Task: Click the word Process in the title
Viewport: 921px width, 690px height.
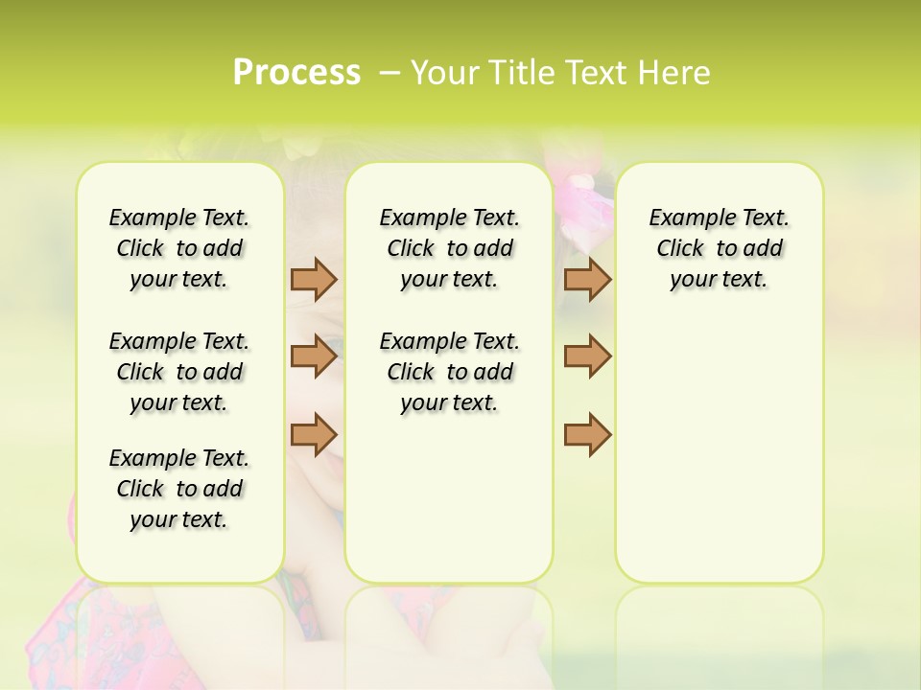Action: click(x=296, y=73)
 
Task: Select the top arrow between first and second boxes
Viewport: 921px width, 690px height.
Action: click(x=314, y=279)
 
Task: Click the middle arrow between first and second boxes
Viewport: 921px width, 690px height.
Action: click(x=314, y=356)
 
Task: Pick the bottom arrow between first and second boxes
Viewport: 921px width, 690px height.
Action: click(x=314, y=434)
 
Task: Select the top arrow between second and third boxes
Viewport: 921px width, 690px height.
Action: click(x=587, y=279)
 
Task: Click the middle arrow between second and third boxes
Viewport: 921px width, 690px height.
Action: click(x=587, y=356)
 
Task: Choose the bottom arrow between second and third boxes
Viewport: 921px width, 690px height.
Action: click(x=587, y=434)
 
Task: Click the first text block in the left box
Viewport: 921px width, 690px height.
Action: click(x=179, y=248)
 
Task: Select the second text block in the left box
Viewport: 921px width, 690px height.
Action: click(x=179, y=372)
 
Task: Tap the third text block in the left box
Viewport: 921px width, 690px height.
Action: click(x=179, y=489)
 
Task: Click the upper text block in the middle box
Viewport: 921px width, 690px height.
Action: click(x=449, y=248)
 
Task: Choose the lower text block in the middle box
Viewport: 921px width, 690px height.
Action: click(x=449, y=372)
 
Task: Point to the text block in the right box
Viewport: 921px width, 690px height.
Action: click(x=720, y=248)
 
